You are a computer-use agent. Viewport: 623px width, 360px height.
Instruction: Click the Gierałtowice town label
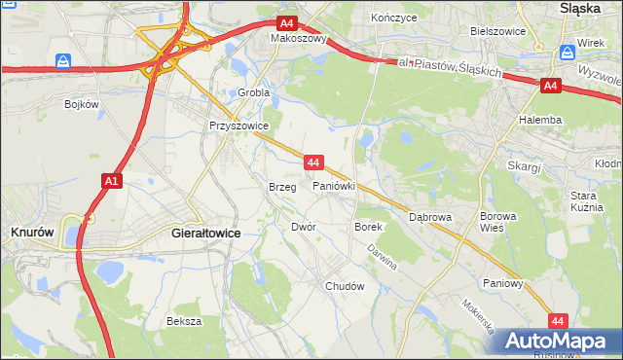tap(205, 234)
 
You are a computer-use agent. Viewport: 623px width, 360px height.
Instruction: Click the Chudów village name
tap(345, 286)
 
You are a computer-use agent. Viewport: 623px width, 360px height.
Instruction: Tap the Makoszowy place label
tap(299, 40)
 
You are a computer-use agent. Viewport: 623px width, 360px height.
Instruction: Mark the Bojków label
tap(83, 103)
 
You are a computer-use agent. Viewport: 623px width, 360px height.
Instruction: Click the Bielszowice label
tap(497, 31)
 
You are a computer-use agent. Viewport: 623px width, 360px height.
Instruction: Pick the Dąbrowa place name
tap(430, 217)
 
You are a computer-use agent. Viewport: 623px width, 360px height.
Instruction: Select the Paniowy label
tap(504, 284)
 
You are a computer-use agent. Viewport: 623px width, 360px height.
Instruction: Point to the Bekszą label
tap(184, 321)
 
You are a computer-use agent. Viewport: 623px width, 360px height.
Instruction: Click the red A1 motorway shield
tap(111, 180)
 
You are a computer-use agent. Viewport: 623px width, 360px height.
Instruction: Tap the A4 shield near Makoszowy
tap(286, 23)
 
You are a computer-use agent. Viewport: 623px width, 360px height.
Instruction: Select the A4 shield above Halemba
tap(551, 86)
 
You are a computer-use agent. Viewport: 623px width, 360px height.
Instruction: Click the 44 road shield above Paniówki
tap(313, 162)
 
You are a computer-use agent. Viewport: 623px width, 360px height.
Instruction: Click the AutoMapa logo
tap(556, 342)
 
